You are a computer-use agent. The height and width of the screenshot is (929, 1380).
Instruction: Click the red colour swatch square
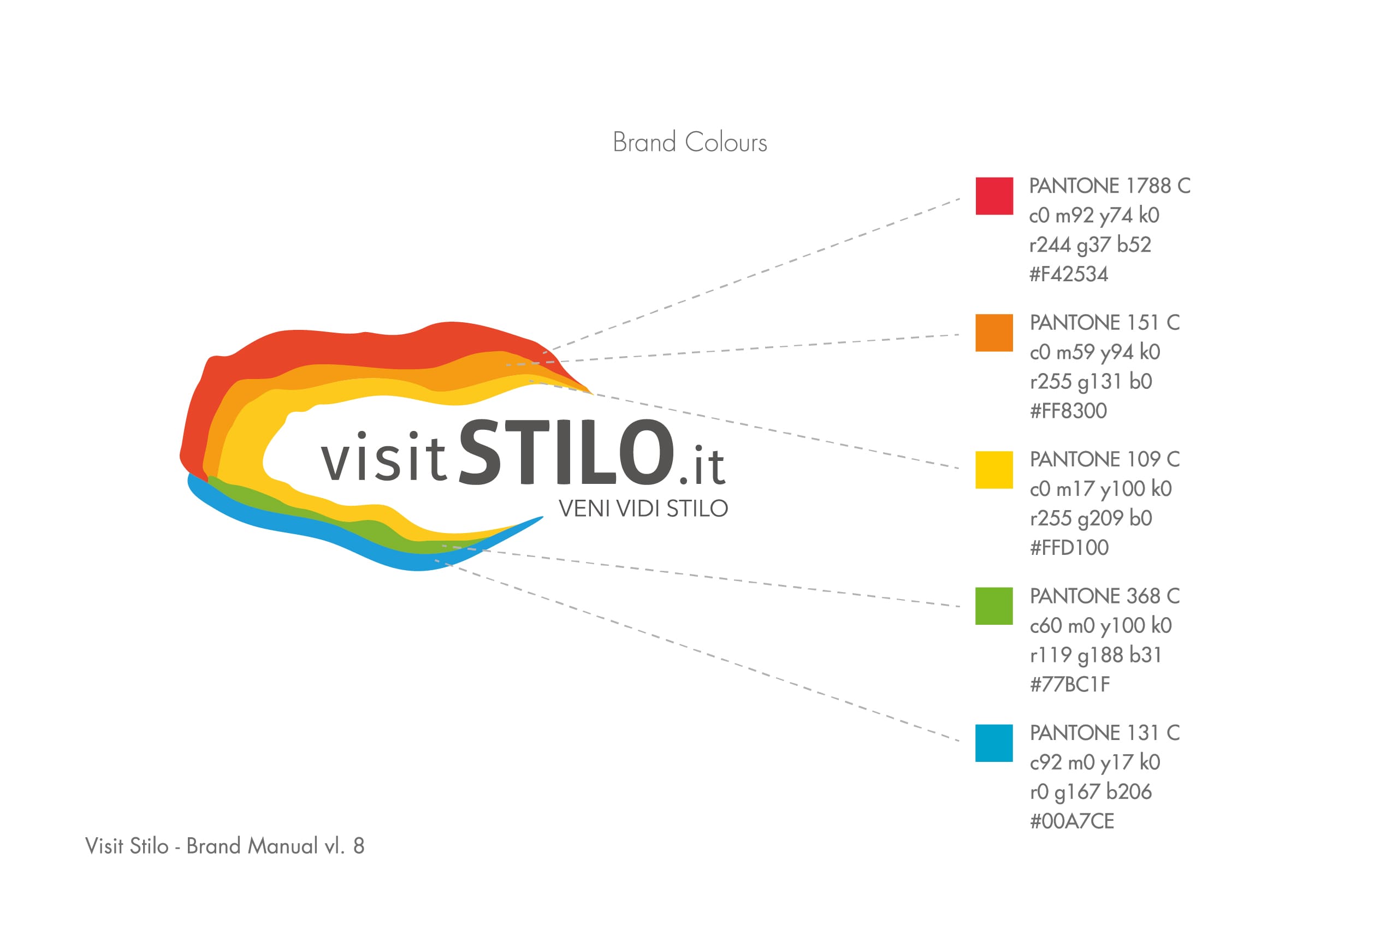994,196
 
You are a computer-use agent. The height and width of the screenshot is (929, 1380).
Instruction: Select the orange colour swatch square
994,333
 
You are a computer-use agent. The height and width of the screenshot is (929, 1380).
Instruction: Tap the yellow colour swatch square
994,470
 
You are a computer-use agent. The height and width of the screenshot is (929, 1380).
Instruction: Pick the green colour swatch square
994,606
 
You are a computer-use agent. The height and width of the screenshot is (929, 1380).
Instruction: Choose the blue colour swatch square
994,743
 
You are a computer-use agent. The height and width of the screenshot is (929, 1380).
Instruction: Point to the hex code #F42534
1069,274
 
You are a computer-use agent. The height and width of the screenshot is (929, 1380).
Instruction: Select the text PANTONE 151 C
1105,322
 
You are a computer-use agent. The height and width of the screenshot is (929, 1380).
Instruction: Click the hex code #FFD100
1069,547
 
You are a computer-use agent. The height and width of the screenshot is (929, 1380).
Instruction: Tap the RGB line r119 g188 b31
1095,655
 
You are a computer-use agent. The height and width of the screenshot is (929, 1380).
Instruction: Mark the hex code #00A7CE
1072,821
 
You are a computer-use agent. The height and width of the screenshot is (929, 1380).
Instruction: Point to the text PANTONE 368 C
1105,596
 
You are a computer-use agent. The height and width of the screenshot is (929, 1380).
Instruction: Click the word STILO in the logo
567,452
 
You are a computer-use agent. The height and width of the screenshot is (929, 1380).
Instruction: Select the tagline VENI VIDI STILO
643,508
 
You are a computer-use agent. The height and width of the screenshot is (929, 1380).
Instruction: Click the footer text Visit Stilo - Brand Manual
202,846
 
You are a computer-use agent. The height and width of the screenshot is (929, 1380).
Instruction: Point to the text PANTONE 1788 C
1109,186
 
